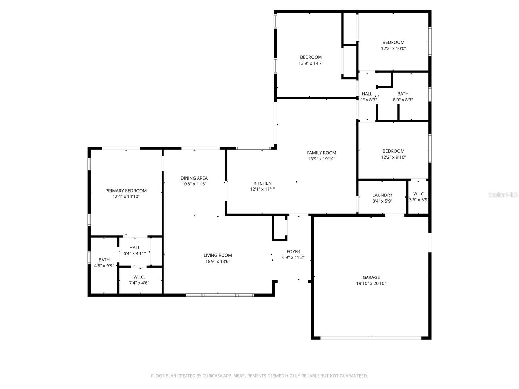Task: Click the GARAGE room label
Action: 371,277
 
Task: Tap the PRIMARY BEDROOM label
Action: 126,191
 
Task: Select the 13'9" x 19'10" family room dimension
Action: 321,159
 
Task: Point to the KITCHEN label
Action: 262,183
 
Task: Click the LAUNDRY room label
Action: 382,195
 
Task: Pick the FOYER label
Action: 293,251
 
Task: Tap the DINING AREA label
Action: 194,178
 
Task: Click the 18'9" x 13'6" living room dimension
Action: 218,261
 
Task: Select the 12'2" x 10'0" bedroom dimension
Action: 393,48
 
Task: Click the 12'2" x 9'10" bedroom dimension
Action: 393,157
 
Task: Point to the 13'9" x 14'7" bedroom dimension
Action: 311,63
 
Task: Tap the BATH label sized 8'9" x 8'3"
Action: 403,94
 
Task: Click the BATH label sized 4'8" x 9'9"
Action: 104,260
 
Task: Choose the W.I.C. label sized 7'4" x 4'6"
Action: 139,277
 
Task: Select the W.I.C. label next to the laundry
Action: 419,194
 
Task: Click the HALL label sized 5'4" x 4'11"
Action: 135,248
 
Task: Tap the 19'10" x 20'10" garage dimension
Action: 371,283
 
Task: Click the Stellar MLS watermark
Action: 503,195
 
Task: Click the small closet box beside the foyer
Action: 279,228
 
